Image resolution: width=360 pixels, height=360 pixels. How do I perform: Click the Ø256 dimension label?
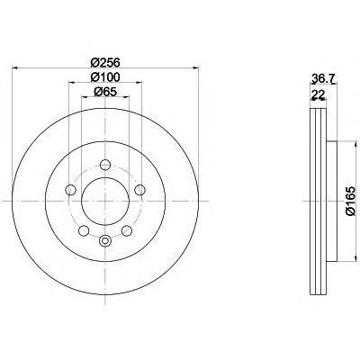tap(105, 62)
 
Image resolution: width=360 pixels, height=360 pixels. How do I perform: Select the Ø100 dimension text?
tap(105, 76)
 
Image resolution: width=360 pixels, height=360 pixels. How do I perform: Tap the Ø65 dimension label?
tap(105, 92)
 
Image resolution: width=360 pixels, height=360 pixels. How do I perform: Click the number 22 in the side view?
tap(319, 94)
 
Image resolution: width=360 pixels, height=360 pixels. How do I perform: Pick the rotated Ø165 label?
tap(350, 201)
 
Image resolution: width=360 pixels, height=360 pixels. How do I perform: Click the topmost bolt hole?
tap(105, 165)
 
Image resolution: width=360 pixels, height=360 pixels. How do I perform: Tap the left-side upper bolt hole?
tap(70, 190)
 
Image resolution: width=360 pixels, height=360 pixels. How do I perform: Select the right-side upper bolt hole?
tap(139, 190)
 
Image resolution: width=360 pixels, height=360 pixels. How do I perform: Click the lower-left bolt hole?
tap(84, 230)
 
